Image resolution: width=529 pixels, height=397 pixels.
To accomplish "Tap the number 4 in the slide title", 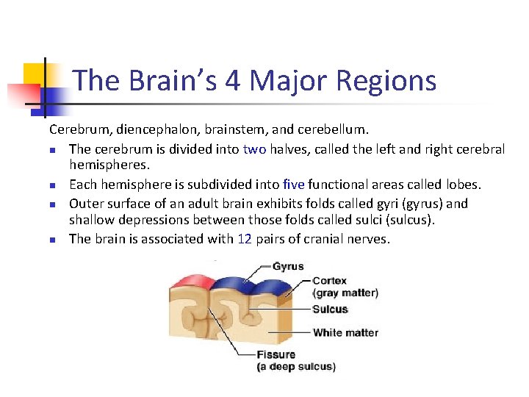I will [233, 80].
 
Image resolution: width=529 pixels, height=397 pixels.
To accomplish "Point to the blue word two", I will [254, 149].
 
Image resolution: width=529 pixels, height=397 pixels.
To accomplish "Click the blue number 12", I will [245, 239].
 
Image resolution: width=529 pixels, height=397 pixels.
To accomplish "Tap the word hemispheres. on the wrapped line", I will [109, 166].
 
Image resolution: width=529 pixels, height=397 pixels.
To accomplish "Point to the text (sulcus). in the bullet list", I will [403, 221].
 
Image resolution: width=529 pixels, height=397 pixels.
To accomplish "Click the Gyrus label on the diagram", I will [287, 266].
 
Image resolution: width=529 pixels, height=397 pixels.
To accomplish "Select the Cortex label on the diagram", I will [329, 281].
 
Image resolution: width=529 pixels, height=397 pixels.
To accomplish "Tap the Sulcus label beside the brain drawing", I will [330, 310].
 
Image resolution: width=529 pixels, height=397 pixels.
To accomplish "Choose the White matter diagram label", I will [345, 333].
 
